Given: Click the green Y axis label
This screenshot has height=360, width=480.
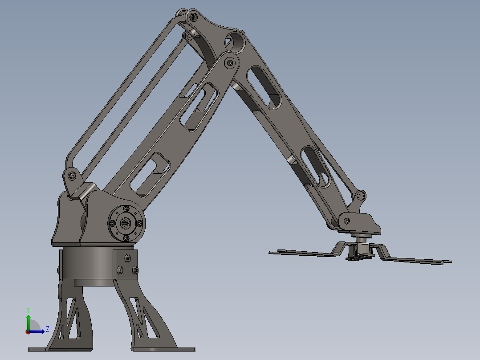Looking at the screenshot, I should point(28,309).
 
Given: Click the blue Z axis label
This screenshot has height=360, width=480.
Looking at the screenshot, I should point(47,329).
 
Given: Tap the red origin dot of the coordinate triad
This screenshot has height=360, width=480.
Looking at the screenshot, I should point(28,331).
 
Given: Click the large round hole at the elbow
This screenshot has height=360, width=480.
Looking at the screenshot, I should point(235,42).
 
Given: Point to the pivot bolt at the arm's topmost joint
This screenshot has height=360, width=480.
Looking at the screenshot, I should point(193,17).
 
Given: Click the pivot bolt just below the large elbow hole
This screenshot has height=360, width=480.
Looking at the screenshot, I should point(230,63).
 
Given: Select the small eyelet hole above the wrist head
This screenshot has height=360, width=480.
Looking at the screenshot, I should point(361,195).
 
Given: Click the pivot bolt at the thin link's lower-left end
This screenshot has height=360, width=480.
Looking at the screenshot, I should point(72,176).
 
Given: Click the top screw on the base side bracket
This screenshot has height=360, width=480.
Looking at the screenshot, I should point(128,258).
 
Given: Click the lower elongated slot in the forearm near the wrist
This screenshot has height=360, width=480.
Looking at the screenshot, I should point(316,167).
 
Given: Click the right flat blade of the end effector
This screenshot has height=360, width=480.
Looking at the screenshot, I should point(419,260).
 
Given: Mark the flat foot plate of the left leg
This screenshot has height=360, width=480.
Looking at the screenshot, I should point(60,349).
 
